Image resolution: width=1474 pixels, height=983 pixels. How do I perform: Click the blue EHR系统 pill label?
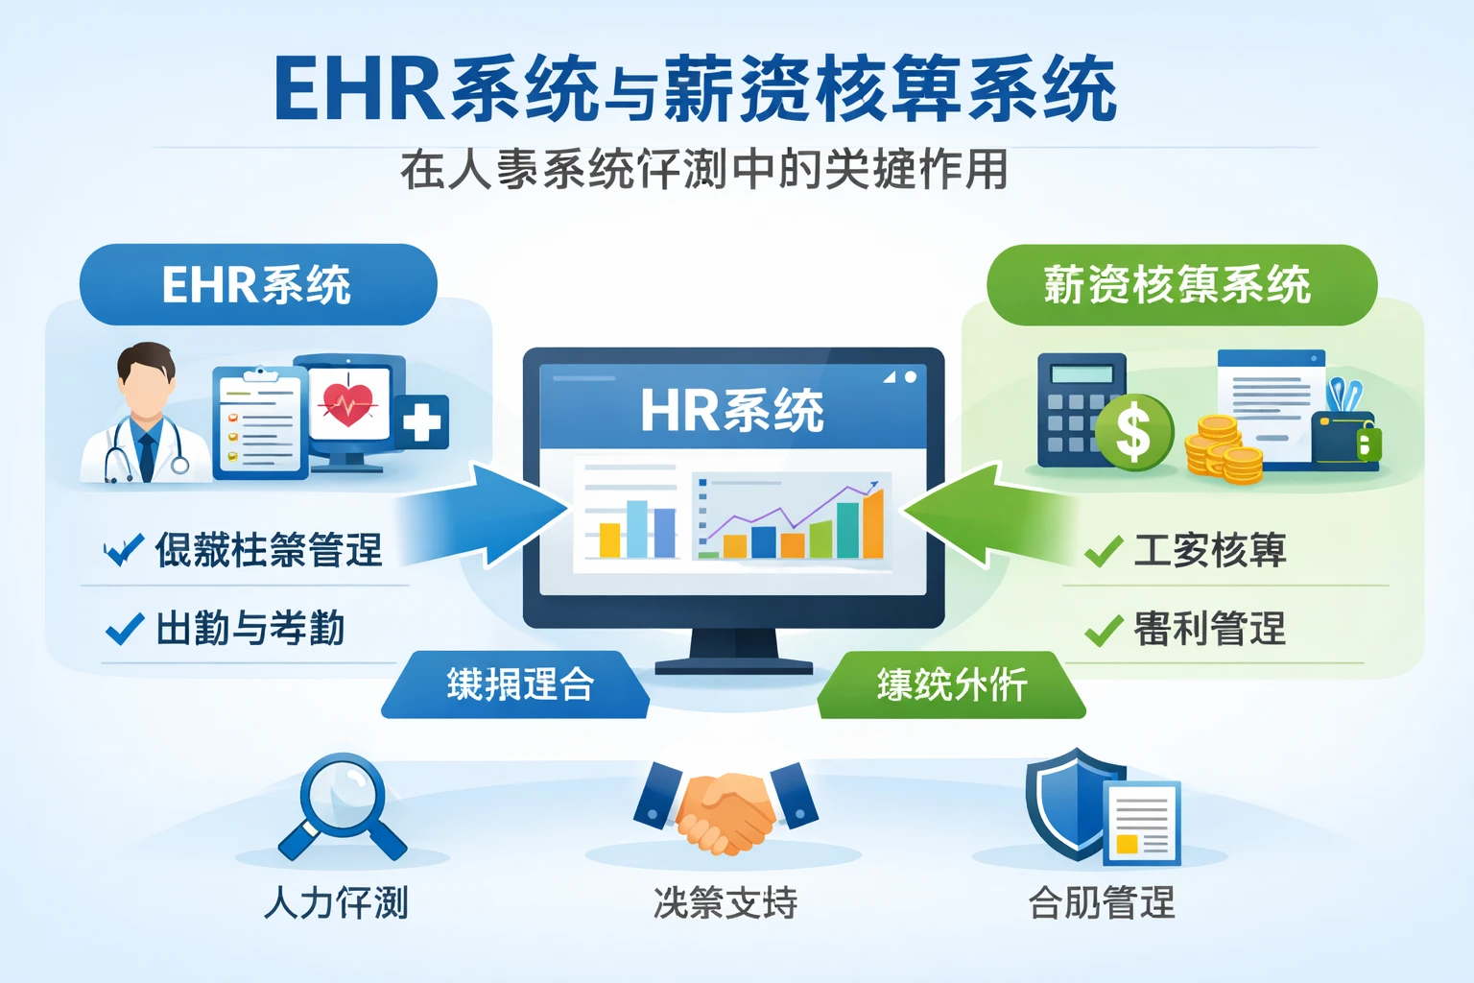(x=257, y=285)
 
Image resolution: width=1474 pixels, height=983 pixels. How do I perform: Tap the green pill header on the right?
(x=1180, y=285)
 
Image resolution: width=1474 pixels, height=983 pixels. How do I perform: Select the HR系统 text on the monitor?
(x=731, y=411)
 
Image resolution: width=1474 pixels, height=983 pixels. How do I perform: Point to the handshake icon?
(x=725, y=809)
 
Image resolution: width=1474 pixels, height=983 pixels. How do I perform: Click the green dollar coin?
(x=1133, y=431)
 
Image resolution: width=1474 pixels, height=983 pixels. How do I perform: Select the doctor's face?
(x=146, y=384)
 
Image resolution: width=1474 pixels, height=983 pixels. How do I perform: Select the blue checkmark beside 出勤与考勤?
(x=125, y=630)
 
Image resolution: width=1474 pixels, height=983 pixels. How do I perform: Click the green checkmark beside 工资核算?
(x=1104, y=551)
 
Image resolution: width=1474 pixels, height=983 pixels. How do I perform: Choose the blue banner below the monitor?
(x=516, y=684)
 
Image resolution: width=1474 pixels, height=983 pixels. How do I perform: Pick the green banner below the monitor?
(x=950, y=684)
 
